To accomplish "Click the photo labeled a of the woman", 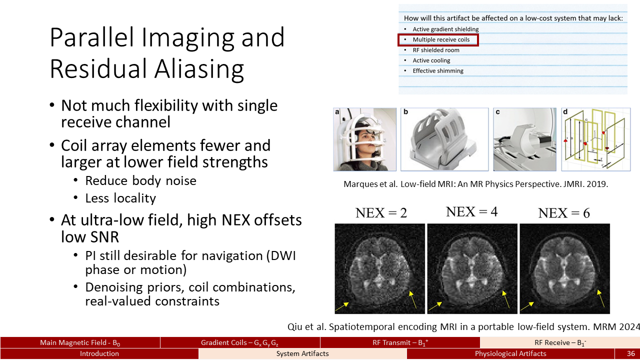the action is click(365, 139).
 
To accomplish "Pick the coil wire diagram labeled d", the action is click(596, 139).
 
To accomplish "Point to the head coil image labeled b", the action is click(444, 139).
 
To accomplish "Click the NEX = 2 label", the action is click(381, 213).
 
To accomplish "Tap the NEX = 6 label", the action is click(564, 213).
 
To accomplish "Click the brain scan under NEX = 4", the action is click(472, 268).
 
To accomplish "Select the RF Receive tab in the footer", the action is click(560, 342).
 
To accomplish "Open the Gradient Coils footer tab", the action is click(239, 342).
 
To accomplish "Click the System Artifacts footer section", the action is click(302, 353).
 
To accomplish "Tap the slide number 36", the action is click(631, 353).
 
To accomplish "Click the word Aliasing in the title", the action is click(199, 69).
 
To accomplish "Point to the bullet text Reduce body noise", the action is click(140, 180).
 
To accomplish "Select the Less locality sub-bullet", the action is click(120, 198).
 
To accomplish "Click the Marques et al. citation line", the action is click(475, 183).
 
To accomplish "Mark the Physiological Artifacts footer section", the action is click(510, 353).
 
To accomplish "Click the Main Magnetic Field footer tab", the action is click(80, 342).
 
